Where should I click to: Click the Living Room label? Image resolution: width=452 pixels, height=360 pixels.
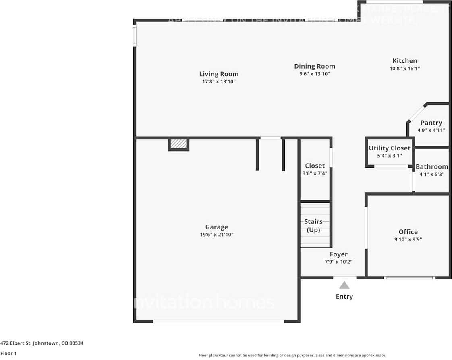pyautogui.click(x=219, y=74)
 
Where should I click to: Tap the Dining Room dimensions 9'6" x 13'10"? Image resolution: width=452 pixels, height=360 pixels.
pyautogui.click(x=314, y=74)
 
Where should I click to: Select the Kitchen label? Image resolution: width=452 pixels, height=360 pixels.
pyautogui.click(x=404, y=61)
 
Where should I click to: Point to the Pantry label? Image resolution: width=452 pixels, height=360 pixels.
pyautogui.click(x=431, y=123)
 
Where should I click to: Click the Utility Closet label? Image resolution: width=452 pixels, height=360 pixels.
pyautogui.click(x=390, y=148)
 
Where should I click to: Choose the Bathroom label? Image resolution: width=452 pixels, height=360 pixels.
pyautogui.click(x=431, y=166)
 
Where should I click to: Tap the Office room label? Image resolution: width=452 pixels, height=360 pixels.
pyautogui.click(x=408, y=232)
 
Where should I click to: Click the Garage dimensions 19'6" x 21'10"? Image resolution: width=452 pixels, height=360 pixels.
pyautogui.click(x=217, y=235)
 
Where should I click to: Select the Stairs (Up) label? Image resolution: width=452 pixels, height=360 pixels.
pyautogui.click(x=313, y=226)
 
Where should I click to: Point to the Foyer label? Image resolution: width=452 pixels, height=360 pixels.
pyautogui.click(x=338, y=254)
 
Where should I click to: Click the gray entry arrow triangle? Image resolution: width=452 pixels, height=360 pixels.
pyautogui.click(x=344, y=285)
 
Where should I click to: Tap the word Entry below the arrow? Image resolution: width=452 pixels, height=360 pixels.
pyautogui.click(x=344, y=297)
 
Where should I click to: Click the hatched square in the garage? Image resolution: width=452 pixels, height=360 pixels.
pyautogui.click(x=178, y=144)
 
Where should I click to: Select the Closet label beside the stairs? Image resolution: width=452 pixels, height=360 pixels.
pyautogui.click(x=315, y=166)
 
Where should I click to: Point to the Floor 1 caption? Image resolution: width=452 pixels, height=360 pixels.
pyautogui.click(x=8, y=353)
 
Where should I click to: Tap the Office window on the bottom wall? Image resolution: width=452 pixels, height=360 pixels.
pyautogui.click(x=409, y=277)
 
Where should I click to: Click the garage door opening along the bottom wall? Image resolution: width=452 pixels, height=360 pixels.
pyautogui.click(x=218, y=321)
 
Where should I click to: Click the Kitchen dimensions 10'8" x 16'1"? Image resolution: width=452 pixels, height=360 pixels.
pyautogui.click(x=404, y=69)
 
